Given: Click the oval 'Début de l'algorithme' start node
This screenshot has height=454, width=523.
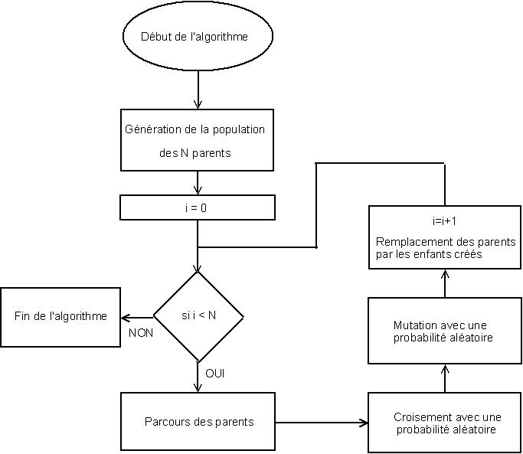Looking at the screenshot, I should coord(198,37).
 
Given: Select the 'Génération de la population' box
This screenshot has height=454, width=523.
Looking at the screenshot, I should coord(198,140).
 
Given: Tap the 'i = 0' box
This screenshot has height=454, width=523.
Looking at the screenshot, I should coord(198,207).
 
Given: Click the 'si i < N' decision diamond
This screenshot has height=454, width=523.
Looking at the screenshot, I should coord(198,316).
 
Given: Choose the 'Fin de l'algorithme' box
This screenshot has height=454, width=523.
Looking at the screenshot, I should coord(60,316).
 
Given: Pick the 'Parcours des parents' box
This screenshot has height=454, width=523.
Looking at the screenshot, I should coord(198,422).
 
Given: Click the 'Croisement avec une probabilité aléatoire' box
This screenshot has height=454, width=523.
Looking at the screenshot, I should coord(445,423).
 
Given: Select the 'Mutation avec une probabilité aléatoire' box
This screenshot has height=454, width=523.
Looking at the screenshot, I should coord(445,331).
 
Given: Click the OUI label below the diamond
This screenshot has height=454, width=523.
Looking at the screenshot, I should coord(215,374).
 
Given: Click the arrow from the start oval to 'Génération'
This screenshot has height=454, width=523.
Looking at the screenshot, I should coord(198,89).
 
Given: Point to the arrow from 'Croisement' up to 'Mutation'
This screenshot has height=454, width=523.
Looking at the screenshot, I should coord(445,378).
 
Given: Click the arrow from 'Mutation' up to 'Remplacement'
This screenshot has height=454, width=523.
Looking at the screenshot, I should coord(445,283).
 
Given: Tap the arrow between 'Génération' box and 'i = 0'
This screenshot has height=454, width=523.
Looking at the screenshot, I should coord(198,183).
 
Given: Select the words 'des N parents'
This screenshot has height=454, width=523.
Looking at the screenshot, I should coord(195,153).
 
